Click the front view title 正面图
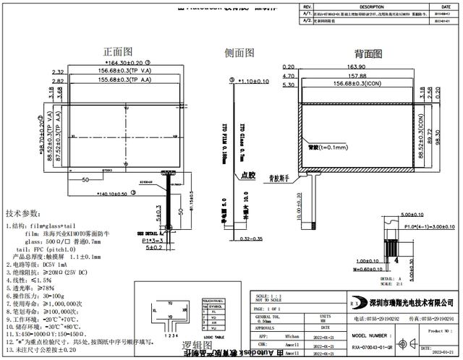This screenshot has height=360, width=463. [117, 52]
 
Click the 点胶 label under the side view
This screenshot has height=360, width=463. [249, 175]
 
